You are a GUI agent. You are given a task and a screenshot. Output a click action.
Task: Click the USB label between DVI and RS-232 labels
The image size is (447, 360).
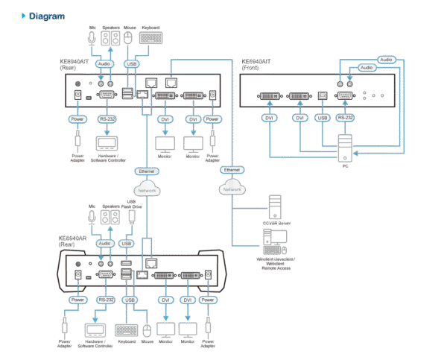(x=322, y=118)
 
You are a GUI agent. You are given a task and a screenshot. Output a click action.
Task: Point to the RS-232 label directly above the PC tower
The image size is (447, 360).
(x=344, y=118)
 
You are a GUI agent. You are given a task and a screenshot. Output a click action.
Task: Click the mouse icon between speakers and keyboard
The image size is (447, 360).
(x=128, y=37)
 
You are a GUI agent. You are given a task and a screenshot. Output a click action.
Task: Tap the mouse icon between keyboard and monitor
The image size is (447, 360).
(x=146, y=328)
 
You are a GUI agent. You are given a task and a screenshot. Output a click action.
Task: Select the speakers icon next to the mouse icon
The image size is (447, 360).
(x=110, y=37)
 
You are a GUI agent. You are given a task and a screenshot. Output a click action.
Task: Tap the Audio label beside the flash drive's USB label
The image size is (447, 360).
(x=104, y=243)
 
